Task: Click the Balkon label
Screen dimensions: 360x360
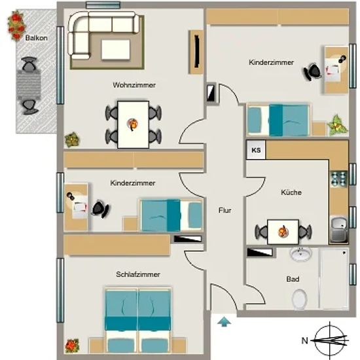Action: point(37,38)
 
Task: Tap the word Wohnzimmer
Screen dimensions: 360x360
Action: point(134,85)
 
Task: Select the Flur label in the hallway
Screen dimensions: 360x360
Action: point(225,210)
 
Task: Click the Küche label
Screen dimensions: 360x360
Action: point(291,192)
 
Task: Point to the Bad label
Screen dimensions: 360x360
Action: point(293,279)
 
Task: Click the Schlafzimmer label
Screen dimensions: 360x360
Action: point(138,274)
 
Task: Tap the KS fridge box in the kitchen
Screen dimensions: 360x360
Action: point(256,150)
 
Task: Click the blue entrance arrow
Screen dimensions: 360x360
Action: point(225,321)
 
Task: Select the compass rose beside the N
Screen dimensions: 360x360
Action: point(330,340)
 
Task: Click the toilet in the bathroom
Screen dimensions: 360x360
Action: point(299,299)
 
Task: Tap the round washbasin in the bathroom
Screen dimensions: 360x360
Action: point(301,254)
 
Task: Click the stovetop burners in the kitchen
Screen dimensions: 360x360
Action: point(338,179)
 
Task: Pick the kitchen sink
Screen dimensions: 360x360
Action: point(338,229)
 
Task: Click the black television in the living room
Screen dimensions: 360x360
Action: point(196,52)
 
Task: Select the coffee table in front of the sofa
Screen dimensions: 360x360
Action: point(116,50)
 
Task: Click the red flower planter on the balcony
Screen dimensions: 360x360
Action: point(16,26)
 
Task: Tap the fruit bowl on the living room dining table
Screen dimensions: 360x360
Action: point(132,124)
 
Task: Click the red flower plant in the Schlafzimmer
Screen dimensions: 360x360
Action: point(72,346)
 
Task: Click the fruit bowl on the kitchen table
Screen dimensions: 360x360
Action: point(283,232)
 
